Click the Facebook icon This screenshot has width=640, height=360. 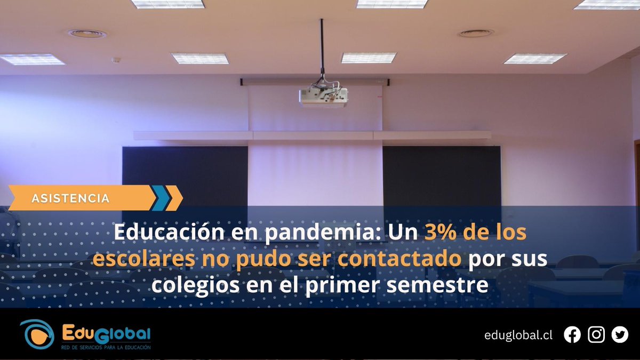pyautogui.click(x=572, y=335)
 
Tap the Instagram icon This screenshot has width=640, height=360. pyautogui.click(x=596, y=335)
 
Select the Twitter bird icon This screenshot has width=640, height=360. pyautogui.click(x=620, y=335)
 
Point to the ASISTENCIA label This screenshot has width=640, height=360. pyautogui.click(x=70, y=198)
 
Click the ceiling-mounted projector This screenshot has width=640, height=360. pyautogui.click(x=323, y=97)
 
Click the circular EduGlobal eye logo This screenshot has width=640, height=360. pyautogui.click(x=37, y=334)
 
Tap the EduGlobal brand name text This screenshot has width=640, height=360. pyautogui.click(x=106, y=333)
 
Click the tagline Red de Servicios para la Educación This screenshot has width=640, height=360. pyautogui.click(x=106, y=347)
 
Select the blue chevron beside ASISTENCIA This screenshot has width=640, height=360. pyautogui.click(x=161, y=198)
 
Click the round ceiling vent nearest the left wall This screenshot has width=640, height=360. pyautogui.click(x=87, y=34)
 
